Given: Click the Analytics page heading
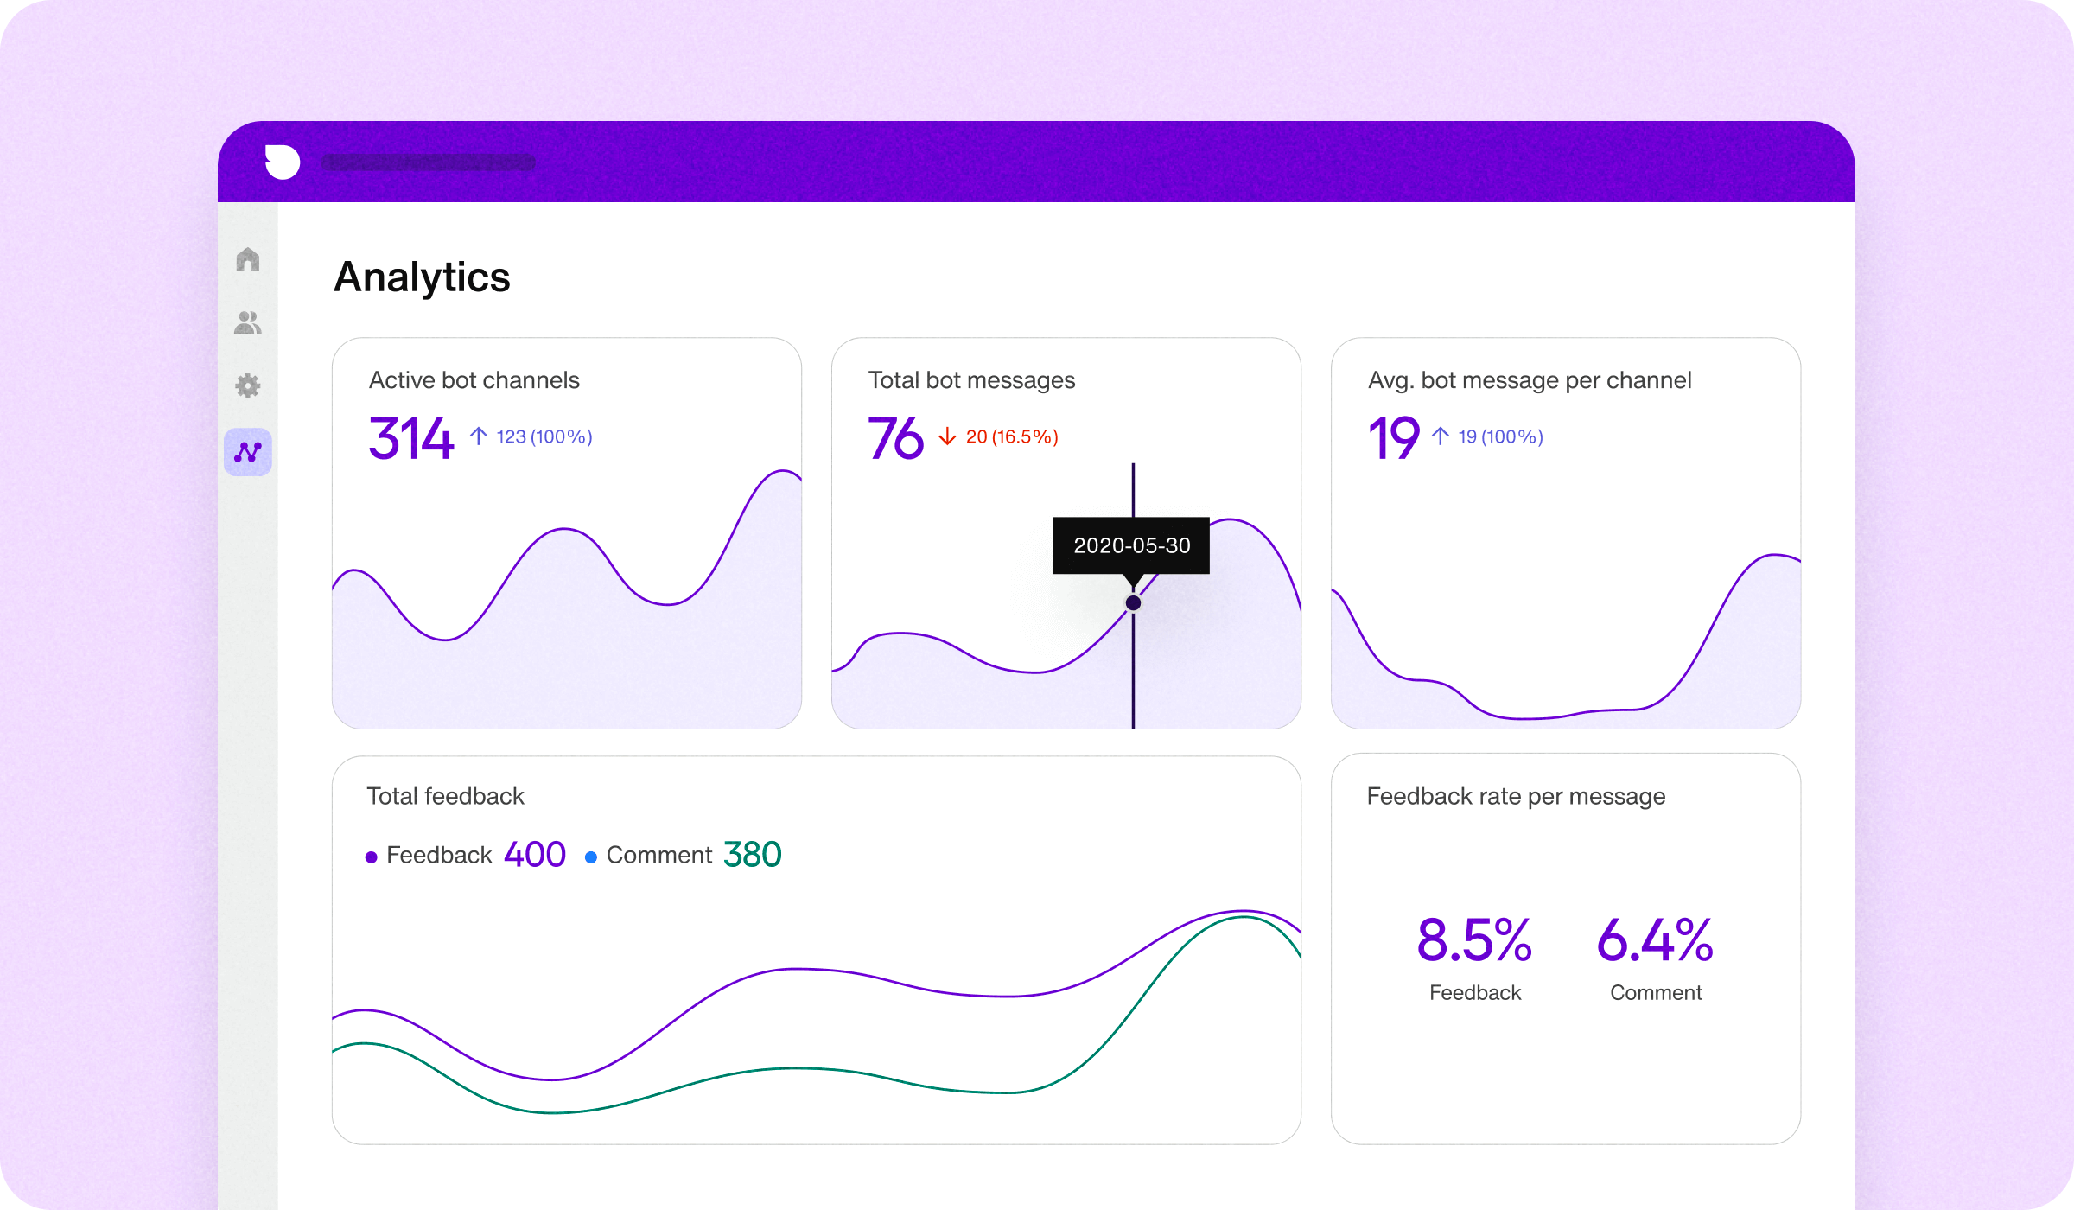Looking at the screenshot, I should (422, 277).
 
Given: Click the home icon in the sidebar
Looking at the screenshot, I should (248, 259).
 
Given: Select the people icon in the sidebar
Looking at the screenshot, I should (248, 323).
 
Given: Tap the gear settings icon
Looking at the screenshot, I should (248, 385).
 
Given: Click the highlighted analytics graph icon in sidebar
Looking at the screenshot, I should (248, 452).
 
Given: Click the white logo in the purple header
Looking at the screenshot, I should (282, 162).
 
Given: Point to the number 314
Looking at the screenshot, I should (411, 437).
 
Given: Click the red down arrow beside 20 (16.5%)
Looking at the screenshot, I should (947, 436).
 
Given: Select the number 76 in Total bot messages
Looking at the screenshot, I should (895, 437).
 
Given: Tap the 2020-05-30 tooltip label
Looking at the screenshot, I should (1131, 545).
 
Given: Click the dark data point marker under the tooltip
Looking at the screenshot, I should (1133, 602).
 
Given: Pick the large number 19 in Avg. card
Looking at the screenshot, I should (1393, 437).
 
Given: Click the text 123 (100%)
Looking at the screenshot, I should (544, 436).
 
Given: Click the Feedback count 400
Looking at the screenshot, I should (534, 855).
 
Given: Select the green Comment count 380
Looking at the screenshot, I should (752, 855).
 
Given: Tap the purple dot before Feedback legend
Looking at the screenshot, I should (372, 857).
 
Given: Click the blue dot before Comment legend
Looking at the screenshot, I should (591, 857).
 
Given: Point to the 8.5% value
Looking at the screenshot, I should (1474, 940).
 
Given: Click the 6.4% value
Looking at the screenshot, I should (1655, 940).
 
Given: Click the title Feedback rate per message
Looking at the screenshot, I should (1516, 796).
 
